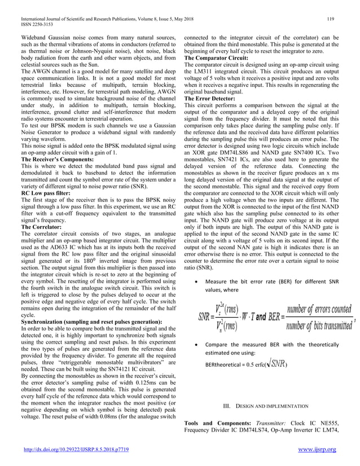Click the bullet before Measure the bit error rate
(195, 280)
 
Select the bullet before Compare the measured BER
(195, 344)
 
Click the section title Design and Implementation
(266, 405)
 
